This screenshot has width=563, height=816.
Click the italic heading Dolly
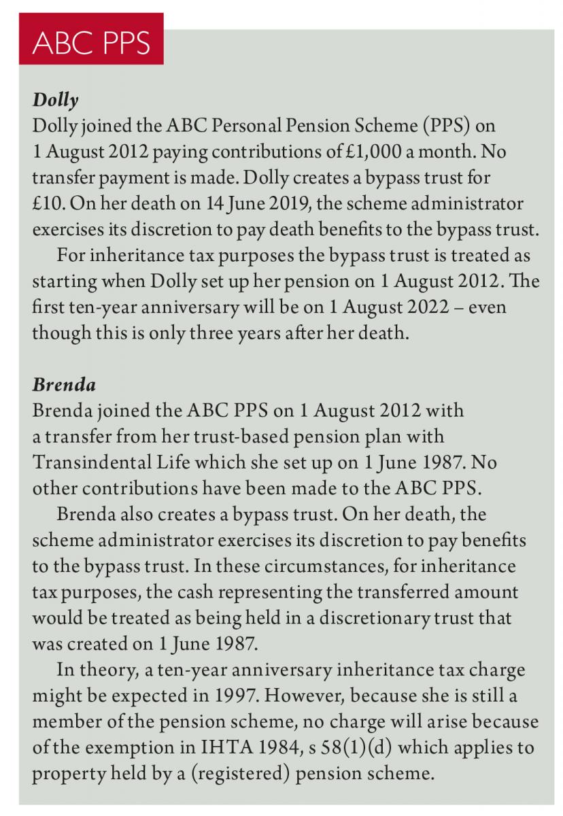(56, 101)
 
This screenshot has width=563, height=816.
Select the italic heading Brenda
(64, 384)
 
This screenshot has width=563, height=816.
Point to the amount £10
(48, 205)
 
